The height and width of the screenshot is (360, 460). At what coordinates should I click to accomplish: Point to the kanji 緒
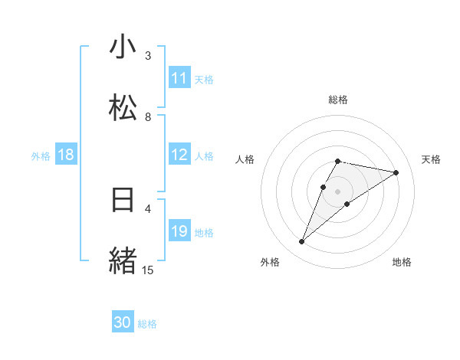click(x=123, y=260)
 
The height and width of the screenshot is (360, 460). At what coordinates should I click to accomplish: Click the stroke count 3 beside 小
click(x=148, y=55)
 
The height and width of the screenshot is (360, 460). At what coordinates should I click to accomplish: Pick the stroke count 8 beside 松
click(x=148, y=116)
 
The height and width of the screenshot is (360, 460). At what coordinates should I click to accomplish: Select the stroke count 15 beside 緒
click(x=148, y=270)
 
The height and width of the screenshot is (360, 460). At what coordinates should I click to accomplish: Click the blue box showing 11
click(x=179, y=78)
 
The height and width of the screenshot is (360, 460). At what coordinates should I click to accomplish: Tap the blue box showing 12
click(x=179, y=155)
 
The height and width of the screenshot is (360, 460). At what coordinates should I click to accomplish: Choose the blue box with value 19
click(x=179, y=231)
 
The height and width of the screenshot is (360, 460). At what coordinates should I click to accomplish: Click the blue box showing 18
click(x=66, y=155)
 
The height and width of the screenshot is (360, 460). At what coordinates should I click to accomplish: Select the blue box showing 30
click(x=123, y=322)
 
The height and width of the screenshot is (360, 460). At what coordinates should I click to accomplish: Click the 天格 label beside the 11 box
click(x=204, y=79)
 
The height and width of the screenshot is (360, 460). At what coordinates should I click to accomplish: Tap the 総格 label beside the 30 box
click(x=147, y=324)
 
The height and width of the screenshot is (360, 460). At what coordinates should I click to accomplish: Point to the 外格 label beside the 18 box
click(x=41, y=156)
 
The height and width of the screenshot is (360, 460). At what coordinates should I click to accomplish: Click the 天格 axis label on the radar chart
click(x=432, y=159)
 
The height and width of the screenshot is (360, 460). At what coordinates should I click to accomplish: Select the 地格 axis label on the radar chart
click(x=402, y=262)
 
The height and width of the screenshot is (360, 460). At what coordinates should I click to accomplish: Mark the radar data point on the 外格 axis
click(x=302, y=242)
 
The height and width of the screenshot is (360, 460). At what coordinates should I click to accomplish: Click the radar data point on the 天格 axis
click(x=396, y=173)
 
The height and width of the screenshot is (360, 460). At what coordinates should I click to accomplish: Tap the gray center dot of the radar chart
click(x=338, y=191)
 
